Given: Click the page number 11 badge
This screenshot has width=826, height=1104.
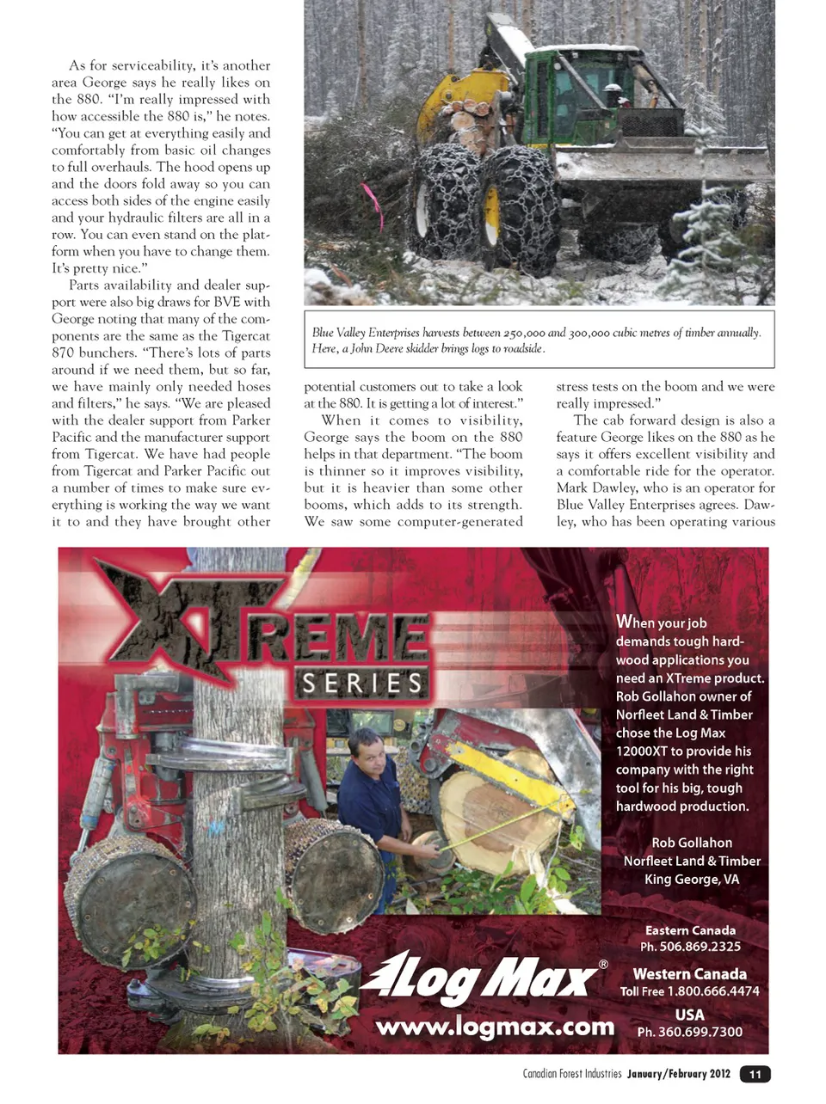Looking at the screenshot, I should pyautogui.click(x=755, y=1074).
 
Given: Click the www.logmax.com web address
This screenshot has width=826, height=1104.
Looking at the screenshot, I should pyautogui.click(x=495, y=1027).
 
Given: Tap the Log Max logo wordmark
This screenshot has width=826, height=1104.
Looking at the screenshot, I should pyautogui.click(x=482, y=978).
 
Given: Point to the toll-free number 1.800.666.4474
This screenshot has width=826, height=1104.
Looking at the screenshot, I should pyautogui.click(x=713, y=991).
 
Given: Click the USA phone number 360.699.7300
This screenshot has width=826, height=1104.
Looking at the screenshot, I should pyautogui.click(x=700, y=1032).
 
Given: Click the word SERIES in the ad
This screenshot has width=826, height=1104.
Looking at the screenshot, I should pyautogui.click(x=362, y=684).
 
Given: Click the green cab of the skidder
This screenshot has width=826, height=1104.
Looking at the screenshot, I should pyautogui.click(x=585, y=95).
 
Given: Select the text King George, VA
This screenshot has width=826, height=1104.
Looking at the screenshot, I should pyautogui.click(x=692, y=879).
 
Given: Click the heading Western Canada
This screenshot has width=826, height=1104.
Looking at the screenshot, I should pyautogui.click(x=689, y=974).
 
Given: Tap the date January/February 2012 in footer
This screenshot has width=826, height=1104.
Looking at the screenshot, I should pyautogui.click(x=678, y=1074).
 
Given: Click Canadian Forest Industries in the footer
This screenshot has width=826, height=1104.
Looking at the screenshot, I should pyautogui.click(x=571, y=1074).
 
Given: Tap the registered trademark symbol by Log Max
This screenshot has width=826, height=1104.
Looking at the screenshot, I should pyautogui.click(x=603, y=965).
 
